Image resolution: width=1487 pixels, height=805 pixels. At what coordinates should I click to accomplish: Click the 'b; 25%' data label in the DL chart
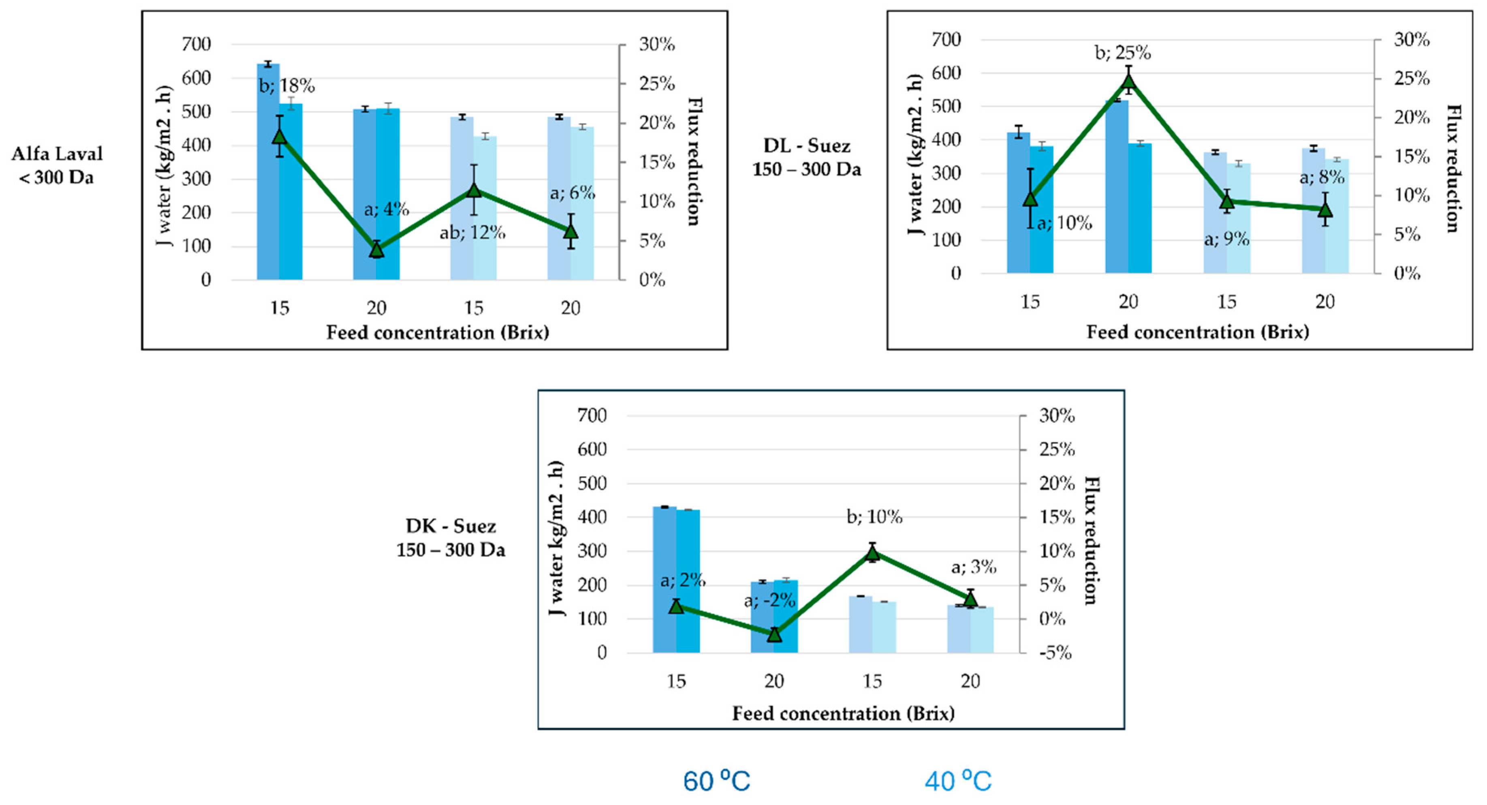pyautogui.click(x=1123, y=53)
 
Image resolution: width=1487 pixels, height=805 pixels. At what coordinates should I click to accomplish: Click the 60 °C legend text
pyautogui.click(x=716, y=781)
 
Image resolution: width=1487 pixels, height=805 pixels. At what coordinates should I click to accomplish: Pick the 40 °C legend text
pyautogui.click(x=958, y=781)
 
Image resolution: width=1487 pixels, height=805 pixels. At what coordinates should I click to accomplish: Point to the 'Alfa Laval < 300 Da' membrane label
pyautogui.click(x=57, y=165)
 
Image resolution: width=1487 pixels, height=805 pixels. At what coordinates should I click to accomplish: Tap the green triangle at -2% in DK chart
pyautogui.click(x=774, y=634)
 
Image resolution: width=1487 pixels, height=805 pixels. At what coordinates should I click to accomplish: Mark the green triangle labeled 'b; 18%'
pyautogui.click(x=280, y=136)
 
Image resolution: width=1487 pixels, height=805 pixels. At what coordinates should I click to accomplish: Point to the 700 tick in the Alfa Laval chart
pyautogui.click(x=196, y=45)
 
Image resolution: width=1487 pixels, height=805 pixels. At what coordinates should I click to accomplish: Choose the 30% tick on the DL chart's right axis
pyautogui.click(x=1412, y=40)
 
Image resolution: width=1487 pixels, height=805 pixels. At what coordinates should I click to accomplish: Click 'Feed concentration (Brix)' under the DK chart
pyautogui.click(x=843, y=714)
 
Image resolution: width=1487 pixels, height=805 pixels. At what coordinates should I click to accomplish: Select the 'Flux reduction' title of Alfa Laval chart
pyautogui.click(x=694, y=162)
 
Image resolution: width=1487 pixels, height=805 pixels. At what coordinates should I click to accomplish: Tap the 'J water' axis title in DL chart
pyautogui.click(x=916, y=155)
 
